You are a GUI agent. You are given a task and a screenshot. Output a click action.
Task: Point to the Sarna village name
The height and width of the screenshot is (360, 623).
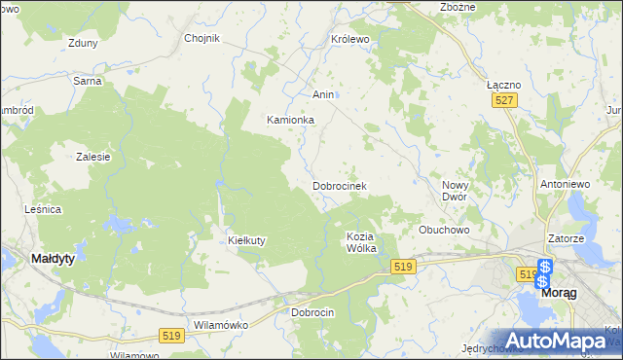(88, 81)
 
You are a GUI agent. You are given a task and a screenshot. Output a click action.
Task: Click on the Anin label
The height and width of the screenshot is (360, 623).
(323, 94)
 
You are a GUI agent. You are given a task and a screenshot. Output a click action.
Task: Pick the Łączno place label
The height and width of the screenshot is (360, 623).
(503, 85)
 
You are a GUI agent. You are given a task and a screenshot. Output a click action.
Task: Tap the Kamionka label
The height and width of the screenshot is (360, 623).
(291, 120)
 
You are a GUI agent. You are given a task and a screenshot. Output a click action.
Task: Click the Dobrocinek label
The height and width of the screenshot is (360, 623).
(339, 185)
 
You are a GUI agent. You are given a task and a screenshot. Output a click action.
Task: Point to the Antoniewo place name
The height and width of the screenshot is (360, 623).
(566, 183)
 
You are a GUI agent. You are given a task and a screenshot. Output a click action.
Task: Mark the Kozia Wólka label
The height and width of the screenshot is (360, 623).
(361, 242)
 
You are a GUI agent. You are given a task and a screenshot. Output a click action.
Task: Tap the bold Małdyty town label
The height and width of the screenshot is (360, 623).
(55, 259)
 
